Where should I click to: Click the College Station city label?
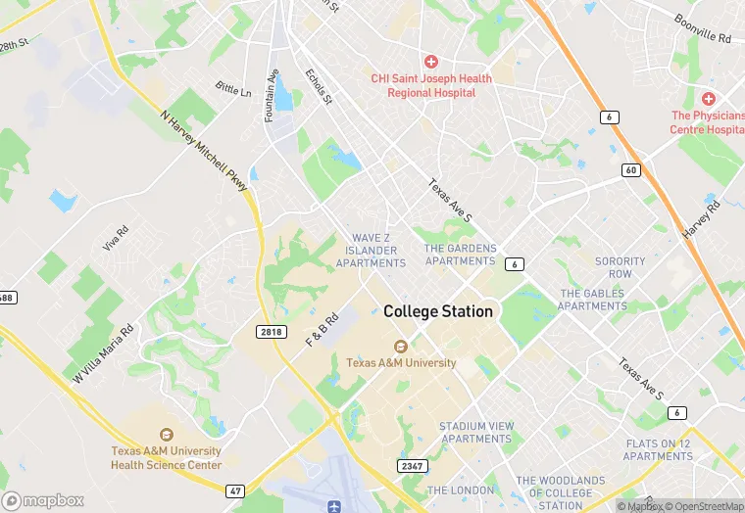click(x=438, y=311)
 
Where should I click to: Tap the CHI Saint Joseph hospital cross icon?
click(x=430, y=62)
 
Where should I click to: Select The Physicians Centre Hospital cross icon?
click(x=709, y=99)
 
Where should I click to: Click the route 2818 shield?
click(x=272, y=333)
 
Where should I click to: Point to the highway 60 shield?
click(x=630, y=170)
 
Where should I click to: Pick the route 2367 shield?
click(x=412, y=466)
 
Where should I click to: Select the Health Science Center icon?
click(x=166, y=435)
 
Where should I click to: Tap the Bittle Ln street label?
click(x=233, y=91)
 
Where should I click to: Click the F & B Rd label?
click(x=323, y=330)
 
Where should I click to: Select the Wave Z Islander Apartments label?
click(x=371, y=251)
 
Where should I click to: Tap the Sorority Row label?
click(x=620, y=267)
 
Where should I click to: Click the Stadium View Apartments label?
click(x=476, y=433)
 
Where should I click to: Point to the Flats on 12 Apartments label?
click(x=659, y=449)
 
